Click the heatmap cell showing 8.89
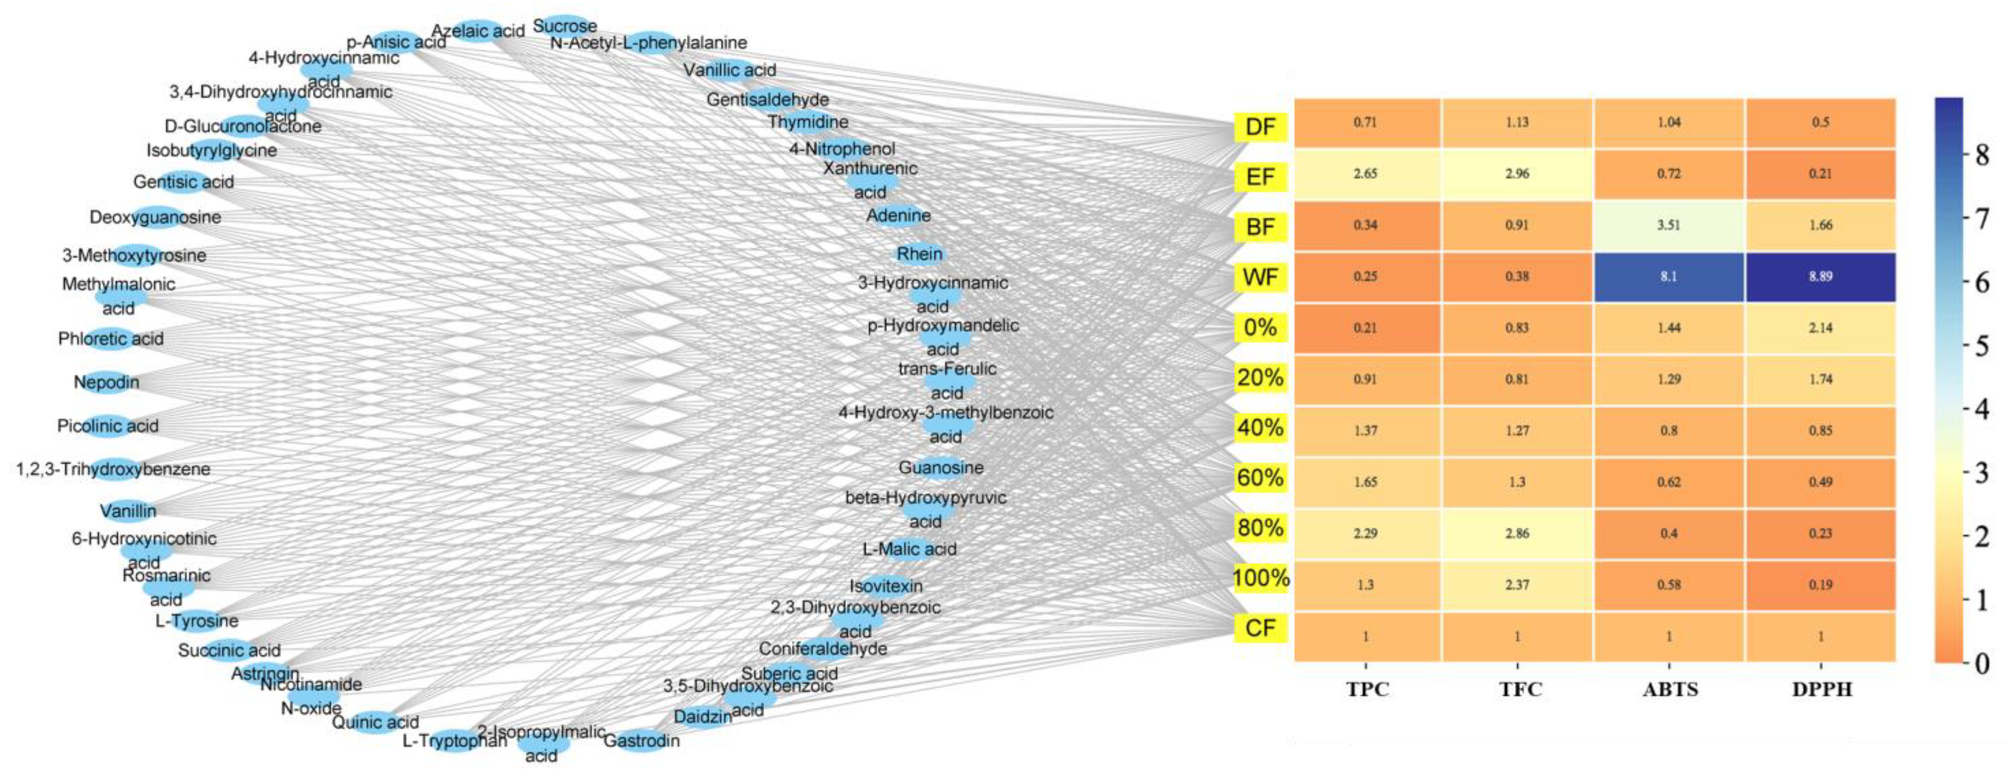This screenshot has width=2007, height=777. (1820, 276)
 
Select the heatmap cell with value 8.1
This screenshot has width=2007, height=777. (1668, 276)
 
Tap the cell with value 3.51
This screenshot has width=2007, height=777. (1668, 225)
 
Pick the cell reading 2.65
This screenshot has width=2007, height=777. (1365, 174)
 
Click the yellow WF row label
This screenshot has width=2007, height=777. (1260, 277)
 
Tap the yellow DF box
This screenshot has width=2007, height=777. (1260, 127)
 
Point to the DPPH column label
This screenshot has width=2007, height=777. (1822, 689)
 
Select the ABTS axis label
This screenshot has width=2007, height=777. (1670, 689)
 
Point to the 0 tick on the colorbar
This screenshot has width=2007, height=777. (1981, 663)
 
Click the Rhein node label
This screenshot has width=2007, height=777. (919, 254)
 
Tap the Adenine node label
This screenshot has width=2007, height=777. (898, 215)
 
